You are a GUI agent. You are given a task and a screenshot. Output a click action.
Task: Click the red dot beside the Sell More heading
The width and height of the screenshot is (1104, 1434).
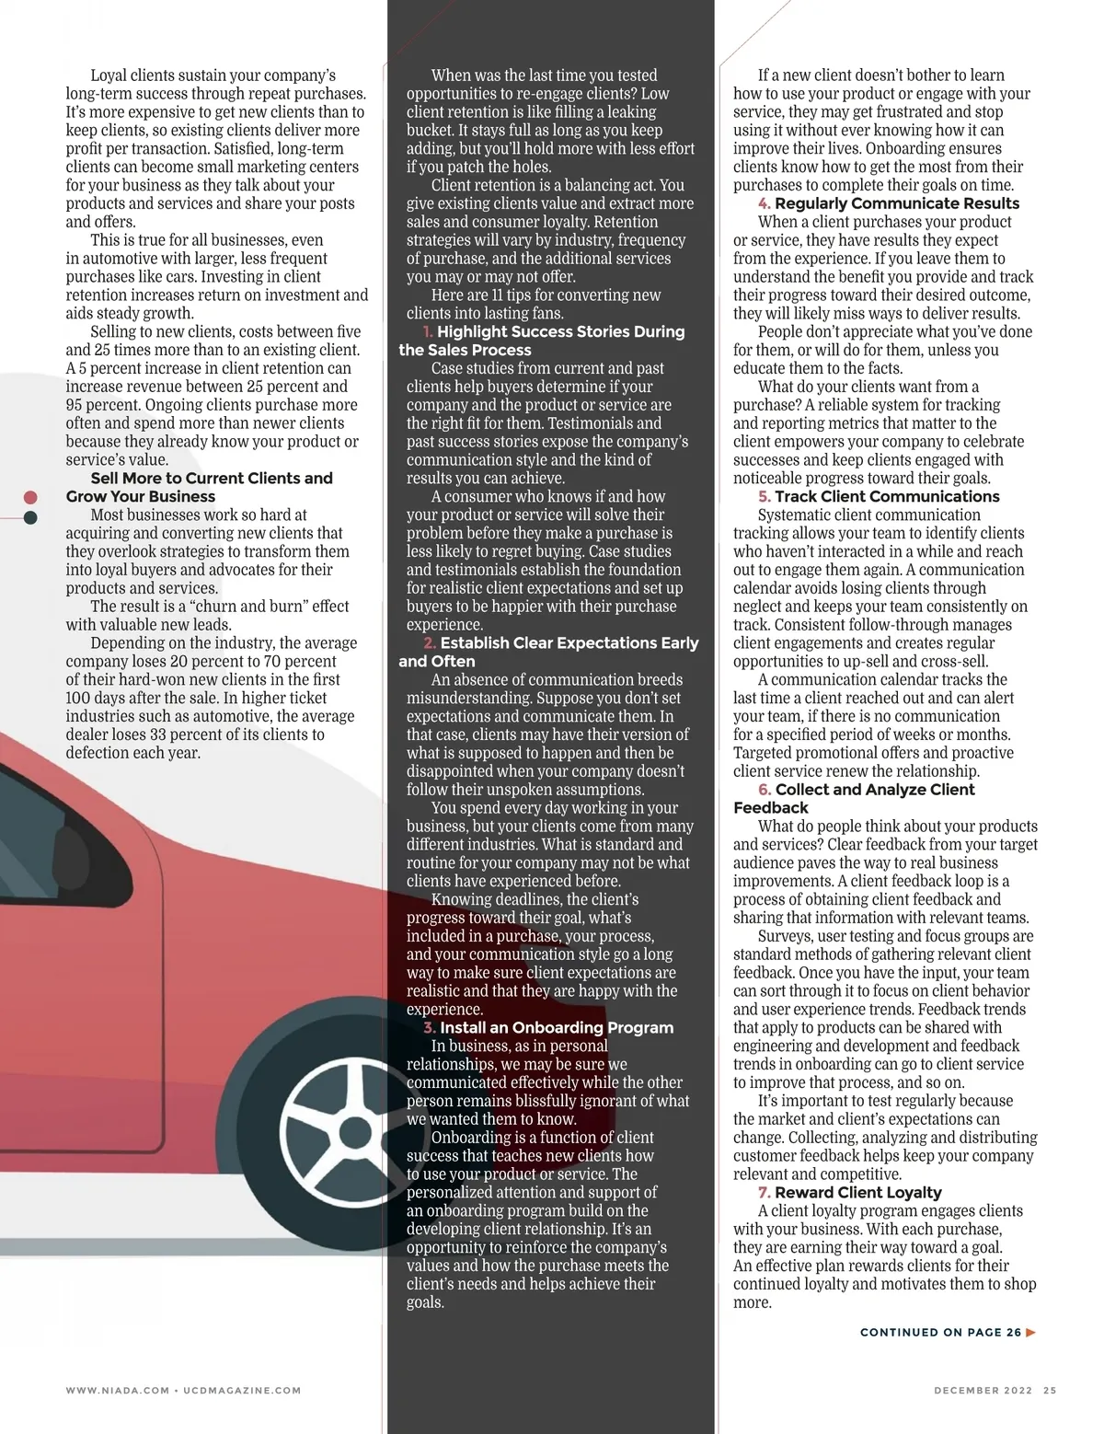coord(30,498)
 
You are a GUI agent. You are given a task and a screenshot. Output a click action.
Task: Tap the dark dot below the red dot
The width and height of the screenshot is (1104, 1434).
coord(30,517)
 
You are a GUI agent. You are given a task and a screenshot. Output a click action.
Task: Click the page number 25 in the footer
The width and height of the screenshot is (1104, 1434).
coord(1050,1391)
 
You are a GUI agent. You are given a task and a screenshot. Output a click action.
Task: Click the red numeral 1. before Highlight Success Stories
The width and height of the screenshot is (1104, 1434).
coord(428,331)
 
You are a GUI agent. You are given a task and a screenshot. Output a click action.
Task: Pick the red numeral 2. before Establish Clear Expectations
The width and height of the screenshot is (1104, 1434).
coord(430,642)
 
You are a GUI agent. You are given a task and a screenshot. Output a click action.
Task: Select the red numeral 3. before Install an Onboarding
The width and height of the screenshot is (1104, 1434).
coord(430,1027)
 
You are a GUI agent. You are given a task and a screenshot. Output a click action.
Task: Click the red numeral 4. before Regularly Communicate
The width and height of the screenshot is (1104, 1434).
coord(765,203)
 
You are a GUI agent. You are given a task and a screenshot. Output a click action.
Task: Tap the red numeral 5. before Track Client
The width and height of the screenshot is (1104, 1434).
coord(765,496)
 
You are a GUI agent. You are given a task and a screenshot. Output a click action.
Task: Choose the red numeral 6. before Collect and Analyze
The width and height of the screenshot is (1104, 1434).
coord(765,789)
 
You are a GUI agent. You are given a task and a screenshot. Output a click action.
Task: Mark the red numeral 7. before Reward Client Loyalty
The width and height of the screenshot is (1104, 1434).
coord(765,1192)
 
